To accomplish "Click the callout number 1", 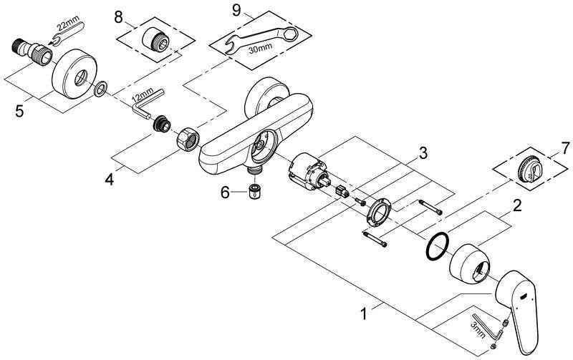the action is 364,314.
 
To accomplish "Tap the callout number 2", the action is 516,206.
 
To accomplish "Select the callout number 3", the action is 423,153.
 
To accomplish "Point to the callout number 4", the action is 110,179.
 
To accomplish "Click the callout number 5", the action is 19,111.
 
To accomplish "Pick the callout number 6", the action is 225,192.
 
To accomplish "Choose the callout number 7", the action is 565,148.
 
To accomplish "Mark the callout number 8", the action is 118,17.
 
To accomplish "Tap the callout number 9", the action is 237,10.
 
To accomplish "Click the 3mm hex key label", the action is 478,329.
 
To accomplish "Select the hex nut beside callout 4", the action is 188,138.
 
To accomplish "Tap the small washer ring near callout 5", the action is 100,89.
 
